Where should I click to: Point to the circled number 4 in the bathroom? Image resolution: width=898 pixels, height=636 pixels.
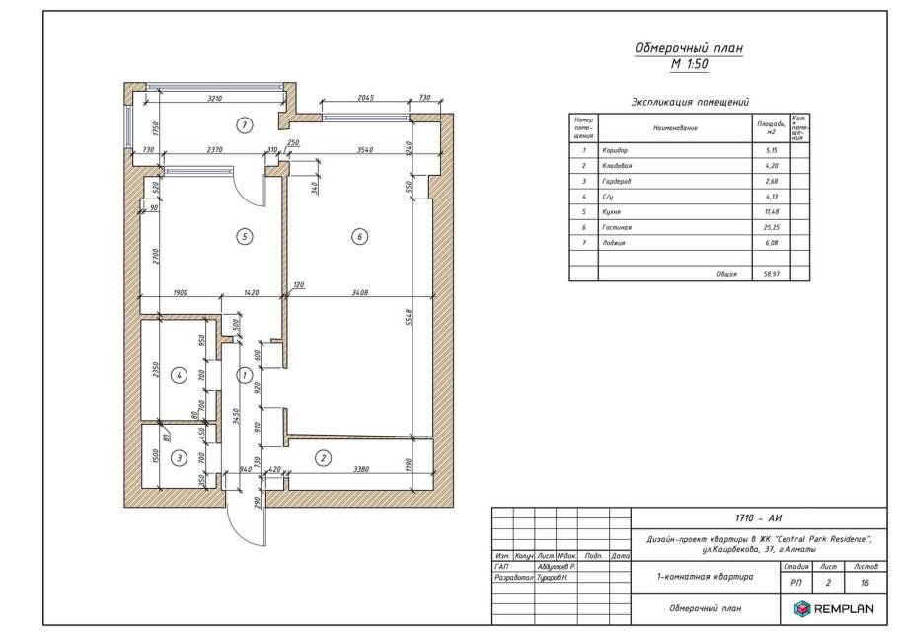click(x=179, y=375)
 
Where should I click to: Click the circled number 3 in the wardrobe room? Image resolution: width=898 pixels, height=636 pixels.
click(x=179, y=457)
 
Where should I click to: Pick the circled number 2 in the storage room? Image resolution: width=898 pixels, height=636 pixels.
click(x=323, y=457)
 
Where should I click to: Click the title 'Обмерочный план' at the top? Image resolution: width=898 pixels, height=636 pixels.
click(x=688, y=48)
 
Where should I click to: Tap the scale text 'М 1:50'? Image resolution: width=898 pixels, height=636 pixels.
click(x=688, y=65)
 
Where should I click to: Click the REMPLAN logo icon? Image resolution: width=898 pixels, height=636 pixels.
click(x=796, y=609)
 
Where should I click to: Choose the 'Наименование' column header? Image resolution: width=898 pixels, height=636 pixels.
click(x=675, y=128)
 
